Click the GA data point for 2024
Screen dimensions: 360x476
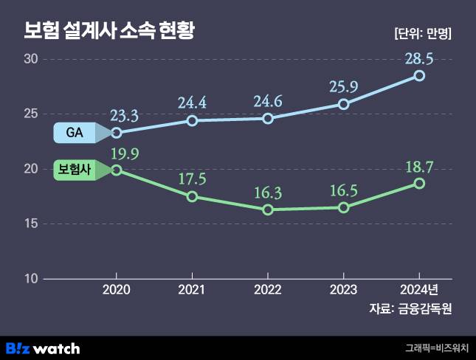419,76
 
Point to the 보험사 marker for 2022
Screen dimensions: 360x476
268,210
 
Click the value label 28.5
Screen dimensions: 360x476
419,58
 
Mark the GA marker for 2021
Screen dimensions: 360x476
192,120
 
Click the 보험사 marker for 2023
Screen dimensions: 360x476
344,207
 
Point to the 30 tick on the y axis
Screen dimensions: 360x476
31,60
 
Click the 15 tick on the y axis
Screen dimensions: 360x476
31,224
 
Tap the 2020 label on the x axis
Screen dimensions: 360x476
117,289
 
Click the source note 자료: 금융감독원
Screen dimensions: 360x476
410,309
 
